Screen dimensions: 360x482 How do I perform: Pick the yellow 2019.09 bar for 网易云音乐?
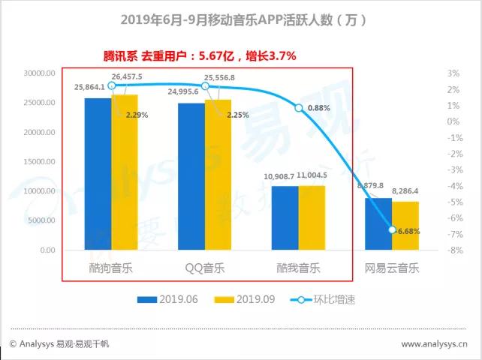pyautogui.click(x=405, y=226)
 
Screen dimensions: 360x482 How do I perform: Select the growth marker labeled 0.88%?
pyautogui.click(x=299, y=109)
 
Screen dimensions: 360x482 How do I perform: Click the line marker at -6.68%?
pyautogui.click(x=392, y=229)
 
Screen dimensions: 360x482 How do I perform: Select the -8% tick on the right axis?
pyautogui.click(x=452, y=250)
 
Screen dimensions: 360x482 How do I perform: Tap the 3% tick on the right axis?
pyautogui.click(x=453, y=73)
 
